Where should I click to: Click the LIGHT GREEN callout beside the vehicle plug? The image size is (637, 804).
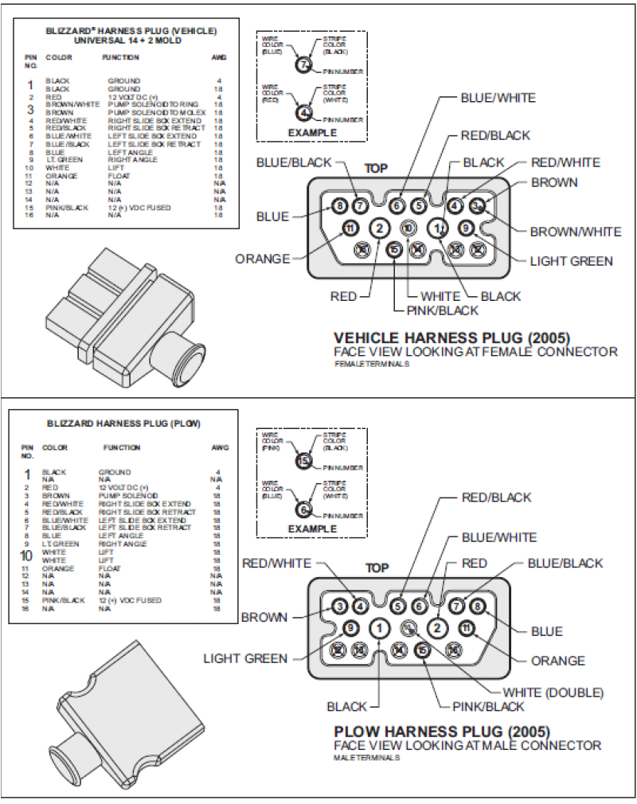[x=572, y=260]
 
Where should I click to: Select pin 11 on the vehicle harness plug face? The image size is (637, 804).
[x=349, y=228]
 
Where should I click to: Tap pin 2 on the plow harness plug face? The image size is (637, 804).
[x=436, y=627]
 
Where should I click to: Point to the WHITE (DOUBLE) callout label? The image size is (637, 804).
[x=553, y=692]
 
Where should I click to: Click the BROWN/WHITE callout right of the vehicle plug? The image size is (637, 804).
[x=576, y=232]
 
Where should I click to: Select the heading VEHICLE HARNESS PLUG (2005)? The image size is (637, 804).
[x=451, y=337]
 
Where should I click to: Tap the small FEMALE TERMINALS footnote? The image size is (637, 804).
[x=373, y=363]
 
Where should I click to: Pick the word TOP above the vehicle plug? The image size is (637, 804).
[x=376, y=169]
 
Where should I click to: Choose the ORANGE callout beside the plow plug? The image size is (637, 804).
[x=558, y=661]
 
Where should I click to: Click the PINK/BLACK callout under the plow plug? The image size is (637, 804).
[x=488, y=706]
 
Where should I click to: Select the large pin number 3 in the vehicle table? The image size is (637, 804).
[x=30, y=109]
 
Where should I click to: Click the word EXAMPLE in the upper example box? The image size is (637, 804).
[x=312, y=132]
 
